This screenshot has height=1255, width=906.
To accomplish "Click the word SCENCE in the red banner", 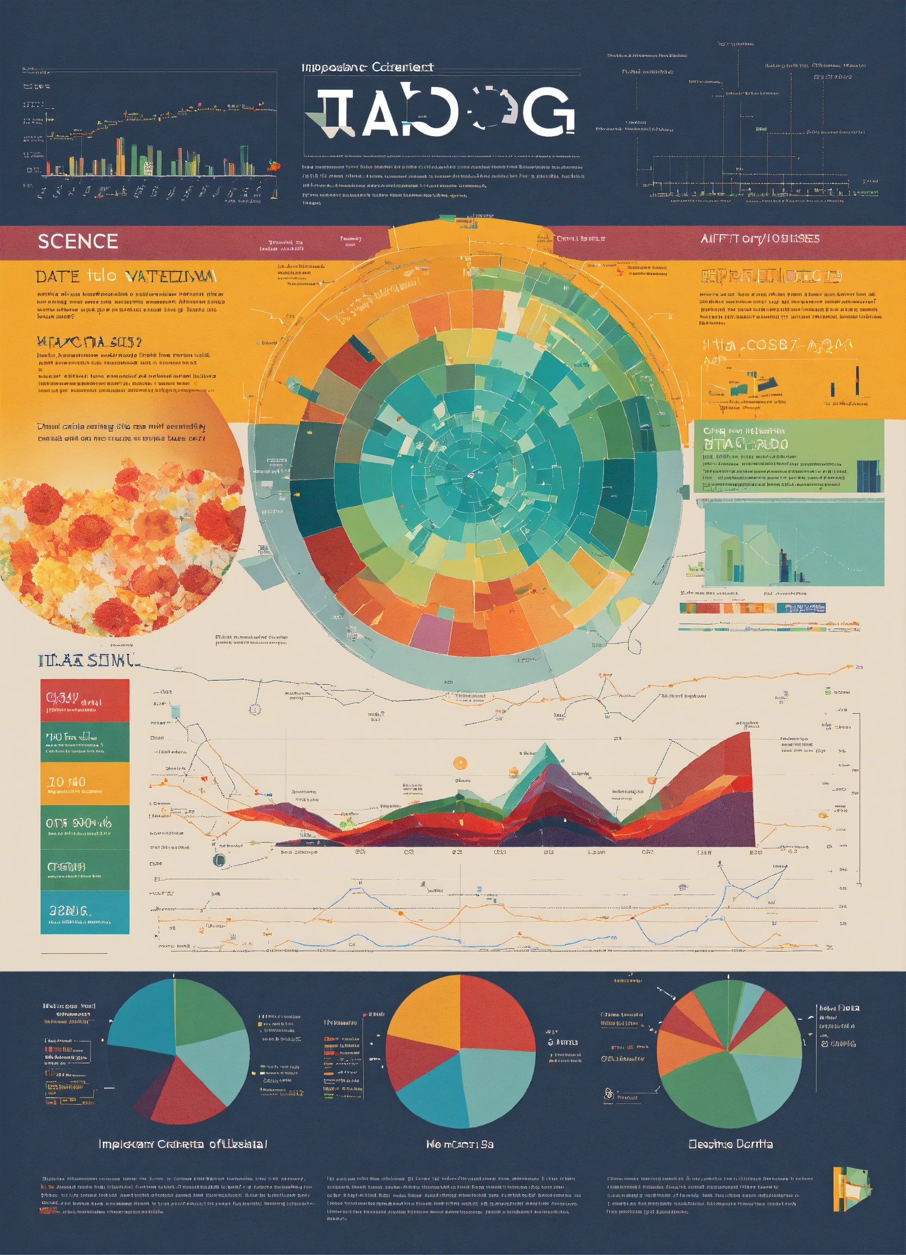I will (x=77, y=241).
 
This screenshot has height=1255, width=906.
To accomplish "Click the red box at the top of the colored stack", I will (x=84, y=700).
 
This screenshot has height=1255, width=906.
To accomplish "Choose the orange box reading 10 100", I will (x=84, y=783).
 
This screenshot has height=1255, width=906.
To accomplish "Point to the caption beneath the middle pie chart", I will (x=460, y=1155).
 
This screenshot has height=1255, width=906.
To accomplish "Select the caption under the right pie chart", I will (x=730, y=1155).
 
